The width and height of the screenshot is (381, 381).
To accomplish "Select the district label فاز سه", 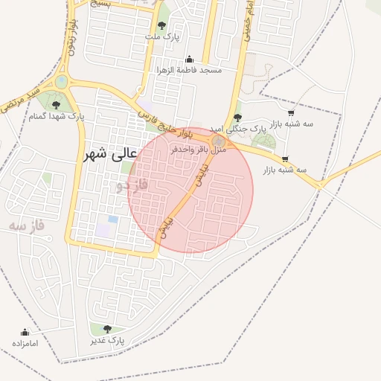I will pyautogui.click(x=28, y=224).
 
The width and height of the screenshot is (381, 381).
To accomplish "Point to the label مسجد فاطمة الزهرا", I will pyautogui.click(x=189, y=69).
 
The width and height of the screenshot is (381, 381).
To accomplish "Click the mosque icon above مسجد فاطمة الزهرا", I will pyautogui.click(x=189, y=60).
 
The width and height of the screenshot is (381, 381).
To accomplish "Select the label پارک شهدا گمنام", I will pyautogui.click(x=57, y=116).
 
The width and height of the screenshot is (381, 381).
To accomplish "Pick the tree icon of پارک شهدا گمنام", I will pyautogui.click(x=57, y=106).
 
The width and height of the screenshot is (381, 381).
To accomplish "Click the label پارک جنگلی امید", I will pyautogui.click(x=237, y=129).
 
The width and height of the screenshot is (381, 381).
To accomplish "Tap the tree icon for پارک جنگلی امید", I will pyautogui.click(x=237, y=118).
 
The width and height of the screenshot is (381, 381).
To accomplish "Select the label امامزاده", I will pyautogui.click(x=25, y=343).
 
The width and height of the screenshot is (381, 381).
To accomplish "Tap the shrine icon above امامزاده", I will pyautogui.click(x=25, y=333).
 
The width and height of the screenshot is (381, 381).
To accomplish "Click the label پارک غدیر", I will pyautogui.click(x=108, y=340).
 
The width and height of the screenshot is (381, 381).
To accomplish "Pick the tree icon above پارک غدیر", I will pyautogui.click(x=108, y=329).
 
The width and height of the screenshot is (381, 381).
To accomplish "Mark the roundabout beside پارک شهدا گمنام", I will pyautogui.click(x=61, y=81).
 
